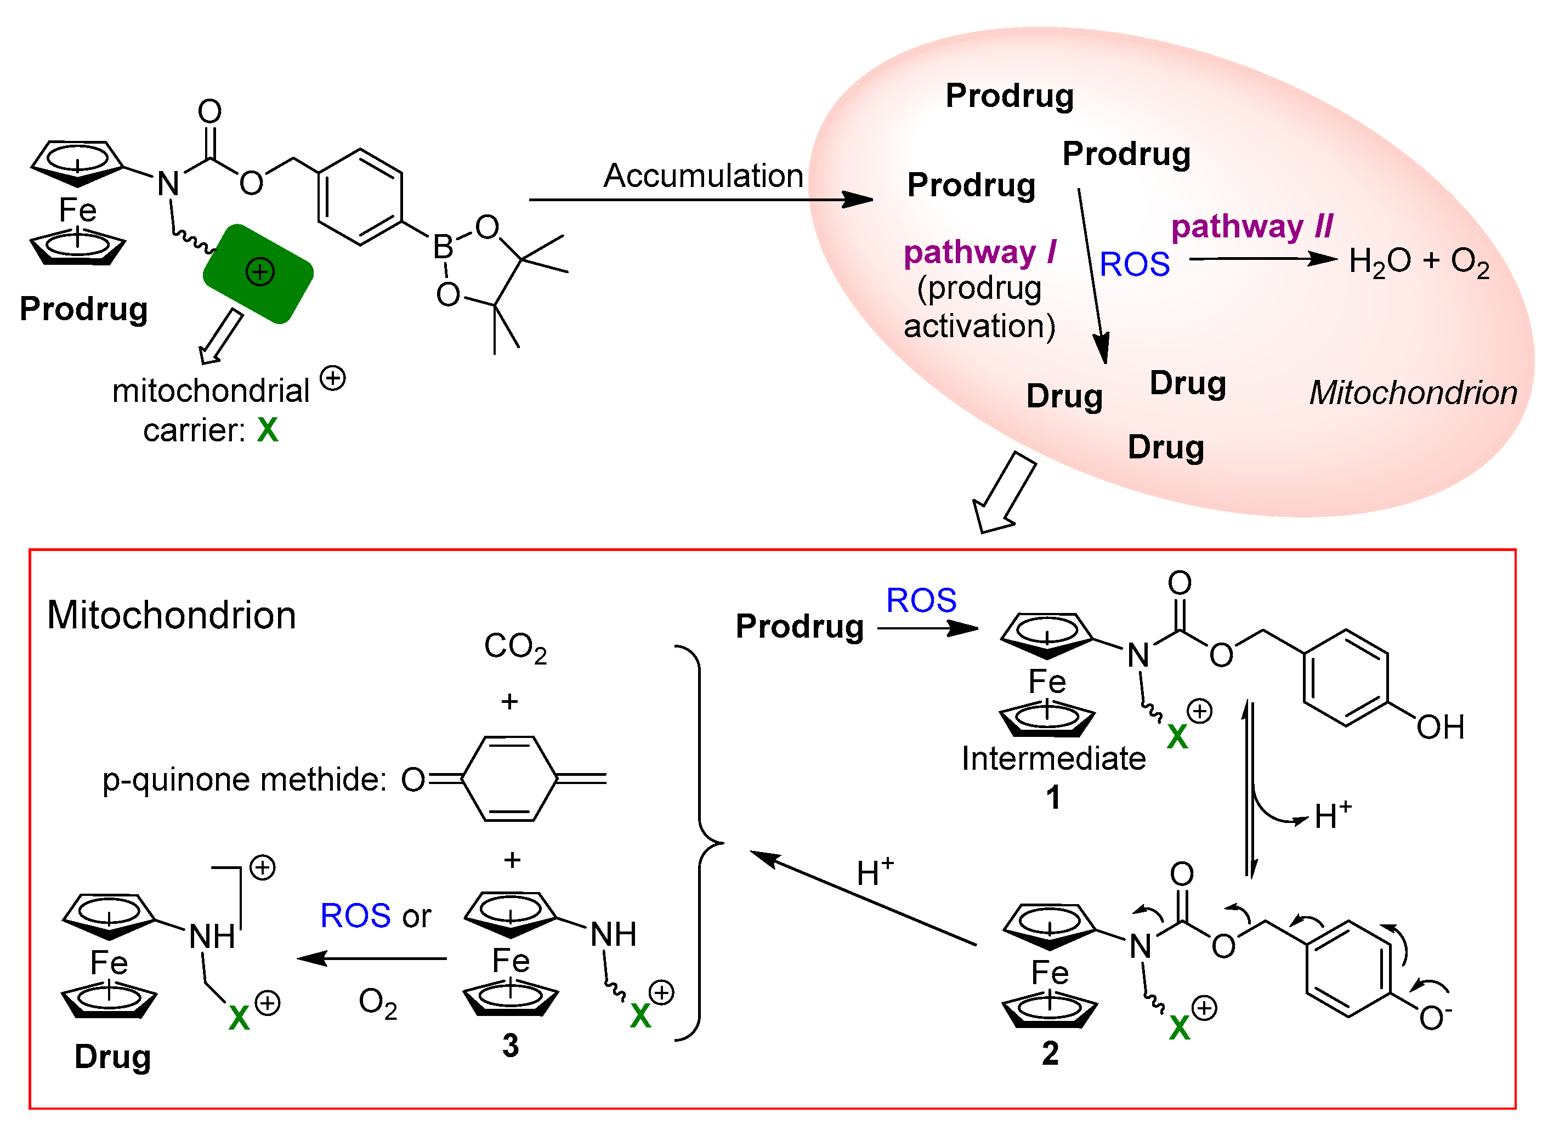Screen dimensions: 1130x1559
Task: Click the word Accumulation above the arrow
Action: click(702, 176)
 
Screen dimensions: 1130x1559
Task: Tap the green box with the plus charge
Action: click(258, 274)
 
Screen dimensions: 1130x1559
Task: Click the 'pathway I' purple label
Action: click(979, 252)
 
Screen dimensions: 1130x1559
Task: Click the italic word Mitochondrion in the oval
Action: click(1413, 393)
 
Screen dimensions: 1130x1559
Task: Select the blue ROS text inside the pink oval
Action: click(1134, 265)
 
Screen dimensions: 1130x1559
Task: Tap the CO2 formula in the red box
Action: click(515, 648)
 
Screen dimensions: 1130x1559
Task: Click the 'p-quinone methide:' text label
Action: click(244, 780)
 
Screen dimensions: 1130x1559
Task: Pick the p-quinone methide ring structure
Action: click(509, 779)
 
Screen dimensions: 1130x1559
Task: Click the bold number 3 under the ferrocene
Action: click(510, 1046)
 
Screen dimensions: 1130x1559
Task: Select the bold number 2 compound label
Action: click(1050, 1053)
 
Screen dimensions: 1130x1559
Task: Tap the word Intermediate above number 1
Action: click(1053, 759)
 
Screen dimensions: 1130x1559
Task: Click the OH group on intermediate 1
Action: click(1439, 727)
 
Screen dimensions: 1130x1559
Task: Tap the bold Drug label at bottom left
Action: click(113, 1057)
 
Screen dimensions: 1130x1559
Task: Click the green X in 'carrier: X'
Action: click(268, 431)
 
